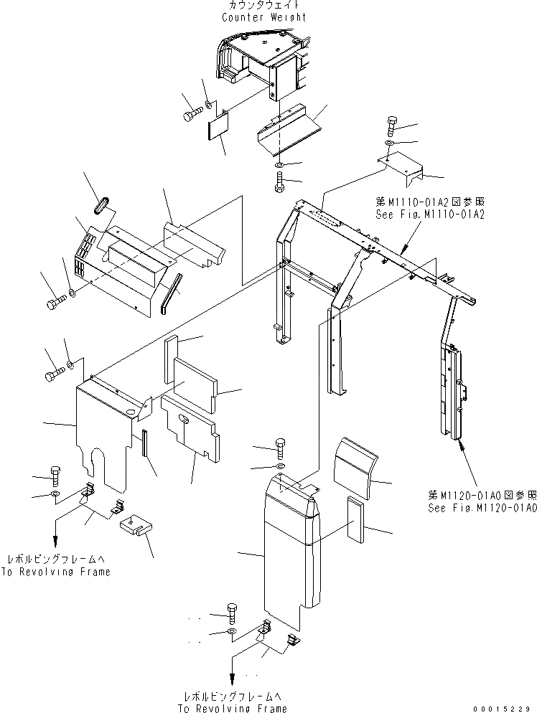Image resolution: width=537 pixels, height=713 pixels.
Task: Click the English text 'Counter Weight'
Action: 263,17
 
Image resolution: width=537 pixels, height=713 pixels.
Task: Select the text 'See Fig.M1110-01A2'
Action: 430,214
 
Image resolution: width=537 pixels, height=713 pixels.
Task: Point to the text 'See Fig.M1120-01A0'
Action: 482,507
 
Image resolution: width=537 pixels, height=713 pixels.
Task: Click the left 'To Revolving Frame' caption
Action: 57,572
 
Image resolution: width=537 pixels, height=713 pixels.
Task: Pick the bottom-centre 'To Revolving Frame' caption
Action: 232,708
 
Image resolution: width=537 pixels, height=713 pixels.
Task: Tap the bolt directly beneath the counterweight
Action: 279,182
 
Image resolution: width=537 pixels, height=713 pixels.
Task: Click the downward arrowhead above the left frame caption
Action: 55,544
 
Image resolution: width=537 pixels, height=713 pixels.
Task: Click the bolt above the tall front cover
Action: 280,449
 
